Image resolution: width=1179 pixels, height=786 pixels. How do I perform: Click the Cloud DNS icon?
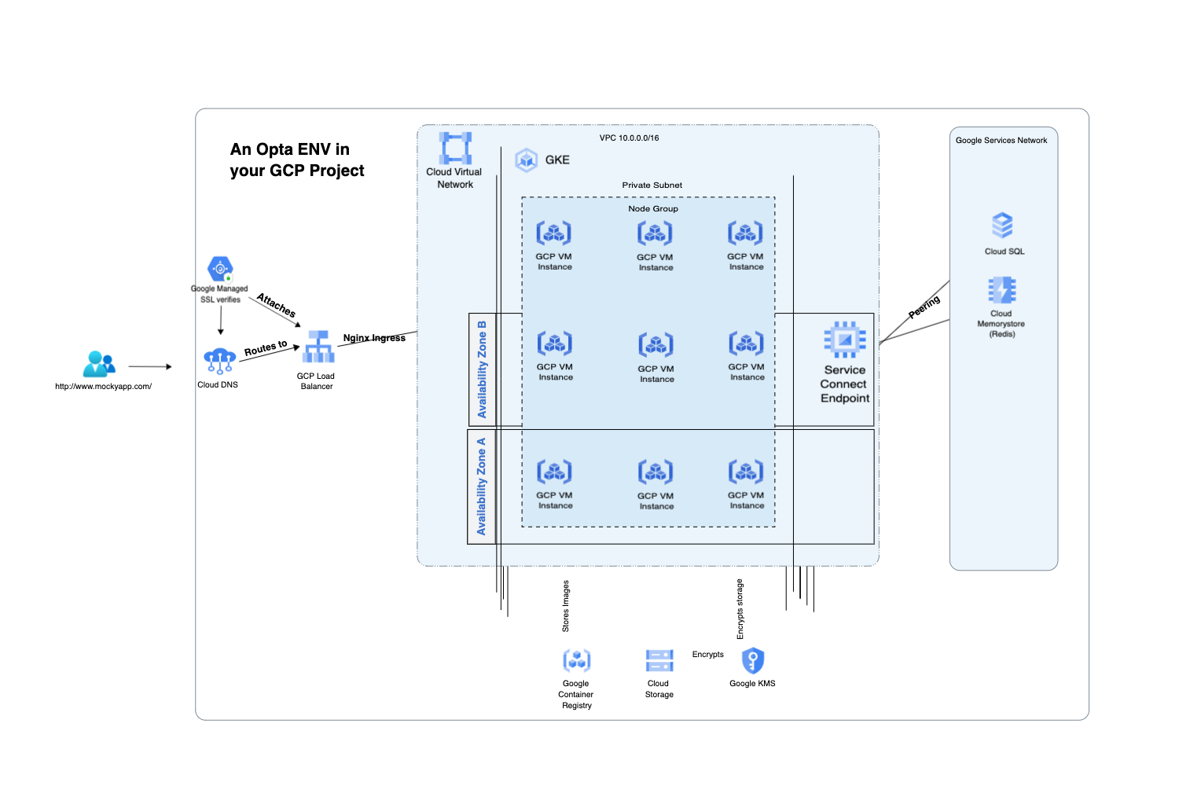click(219, 361)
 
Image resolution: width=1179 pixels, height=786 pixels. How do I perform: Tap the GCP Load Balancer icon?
click(319, 347)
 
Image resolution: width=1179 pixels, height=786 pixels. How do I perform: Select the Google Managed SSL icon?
click(220, 269)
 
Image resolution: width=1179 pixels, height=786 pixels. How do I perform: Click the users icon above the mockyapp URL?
click(99, 364)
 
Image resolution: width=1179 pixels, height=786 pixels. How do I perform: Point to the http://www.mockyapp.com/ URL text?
click(103, 387)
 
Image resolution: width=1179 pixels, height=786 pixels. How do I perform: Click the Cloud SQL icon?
click(1002, 226)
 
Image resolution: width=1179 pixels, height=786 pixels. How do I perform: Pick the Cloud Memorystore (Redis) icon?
click(1002, 290)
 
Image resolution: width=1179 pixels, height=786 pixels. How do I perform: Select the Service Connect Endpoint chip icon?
click(845, 340)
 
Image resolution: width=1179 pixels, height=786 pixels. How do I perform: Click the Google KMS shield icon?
click(752, 660)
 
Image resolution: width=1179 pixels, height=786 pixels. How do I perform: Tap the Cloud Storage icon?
click(659, 660)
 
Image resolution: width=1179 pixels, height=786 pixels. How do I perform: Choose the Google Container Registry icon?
click(577, 660)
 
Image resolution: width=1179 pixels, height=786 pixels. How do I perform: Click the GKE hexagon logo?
click(526, 160)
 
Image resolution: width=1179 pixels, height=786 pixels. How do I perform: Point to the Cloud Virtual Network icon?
click(456, 148)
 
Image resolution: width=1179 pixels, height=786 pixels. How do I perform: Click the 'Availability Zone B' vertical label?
click(482, 369)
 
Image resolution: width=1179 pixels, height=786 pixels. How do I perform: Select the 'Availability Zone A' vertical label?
click(481, 487)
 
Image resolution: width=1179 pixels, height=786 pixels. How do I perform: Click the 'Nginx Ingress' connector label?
click(374, 338)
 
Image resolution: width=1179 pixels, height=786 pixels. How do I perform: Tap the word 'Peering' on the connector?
click(924, 307)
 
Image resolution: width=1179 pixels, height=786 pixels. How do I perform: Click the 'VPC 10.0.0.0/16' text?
click(629, 138)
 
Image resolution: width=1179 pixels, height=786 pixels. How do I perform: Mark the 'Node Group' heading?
click(652, 209)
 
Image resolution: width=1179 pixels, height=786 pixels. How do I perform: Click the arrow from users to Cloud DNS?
click(149, 366)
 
